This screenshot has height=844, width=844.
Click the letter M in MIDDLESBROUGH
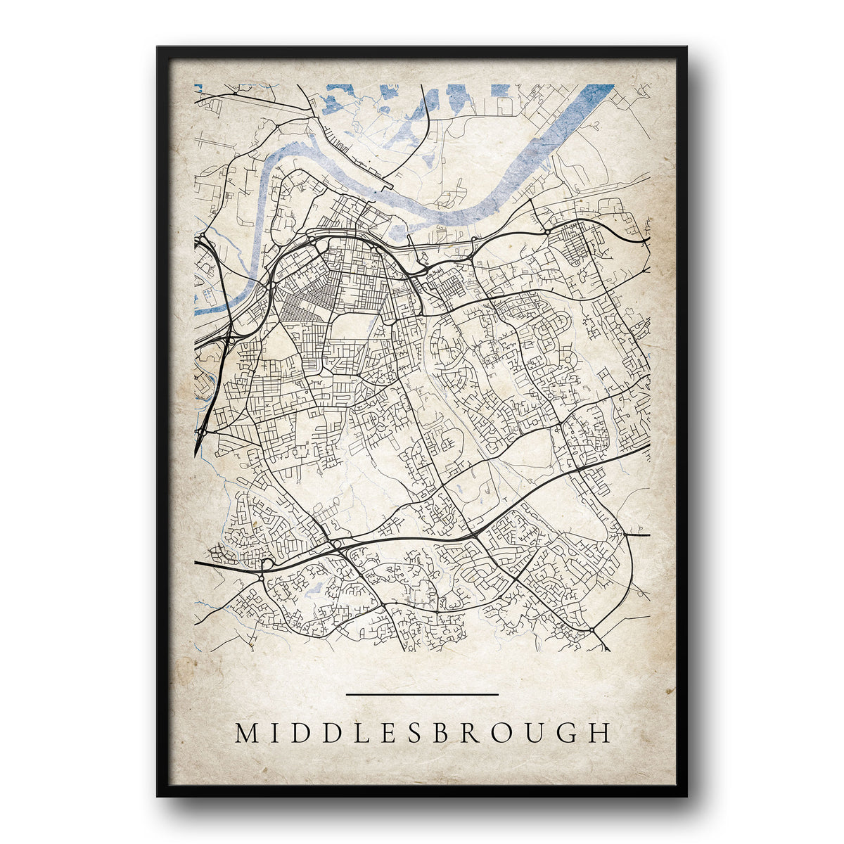click(x=248, y=733)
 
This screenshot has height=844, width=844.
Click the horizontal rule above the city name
click(x=422, y=694)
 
